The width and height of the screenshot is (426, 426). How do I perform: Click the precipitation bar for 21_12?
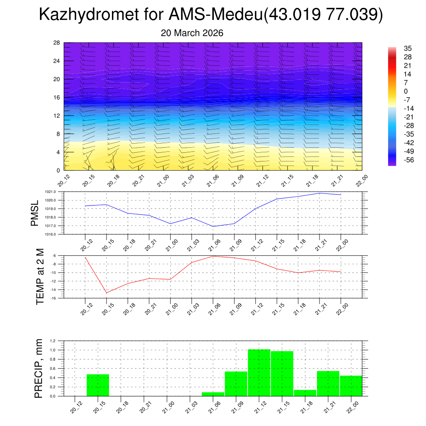pyautogui.click(x=259, y=373)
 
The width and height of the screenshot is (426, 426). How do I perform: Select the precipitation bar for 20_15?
pyautogui.click(x=98, y=385)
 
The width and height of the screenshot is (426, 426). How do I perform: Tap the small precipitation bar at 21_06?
pyautogui.click(x=213, y=394)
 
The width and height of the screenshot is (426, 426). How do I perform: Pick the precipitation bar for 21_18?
pyautogui.click(x=305, y=393)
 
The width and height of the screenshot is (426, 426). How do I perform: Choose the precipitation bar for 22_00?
pyautogui.click(x=351, y=386)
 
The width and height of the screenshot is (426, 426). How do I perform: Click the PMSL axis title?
pyautogui.click(x=35, y=213)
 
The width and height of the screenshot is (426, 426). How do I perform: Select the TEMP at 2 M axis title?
pyautogui.click(x=40, y=277)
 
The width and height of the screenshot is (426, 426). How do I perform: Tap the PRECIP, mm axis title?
pyautogui.click(x=38, y=368)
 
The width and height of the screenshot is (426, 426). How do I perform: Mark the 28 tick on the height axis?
pyautogui.click(x=57, y=43)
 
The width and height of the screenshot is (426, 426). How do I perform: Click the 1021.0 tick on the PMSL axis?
pyautogui.click(x=56, y=192)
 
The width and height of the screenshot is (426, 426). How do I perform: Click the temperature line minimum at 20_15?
pyautogui.click(x=106, y=293)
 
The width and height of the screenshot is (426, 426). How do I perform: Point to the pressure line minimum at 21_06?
pyautogui.click(x=213, y=226)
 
